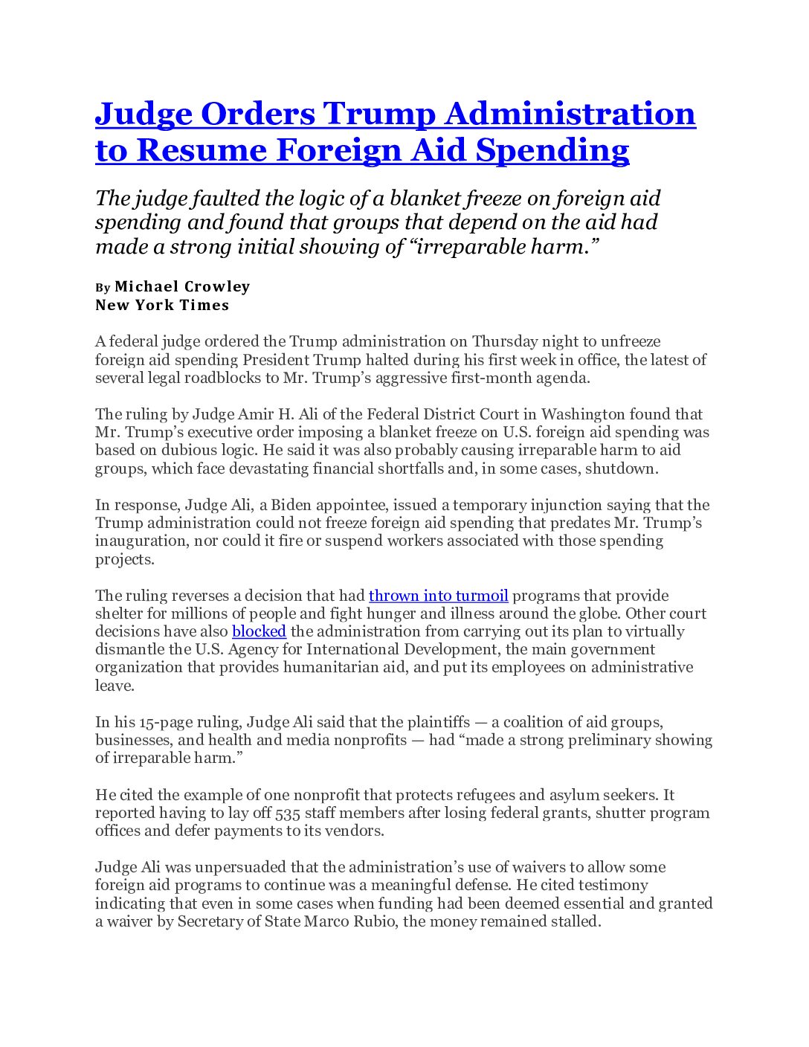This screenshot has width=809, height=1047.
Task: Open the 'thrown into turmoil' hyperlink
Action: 438,596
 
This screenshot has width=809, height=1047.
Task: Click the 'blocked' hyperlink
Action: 259,631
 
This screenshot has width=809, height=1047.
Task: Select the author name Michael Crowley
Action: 182,286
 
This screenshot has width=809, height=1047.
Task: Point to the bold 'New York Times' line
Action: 162,305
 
